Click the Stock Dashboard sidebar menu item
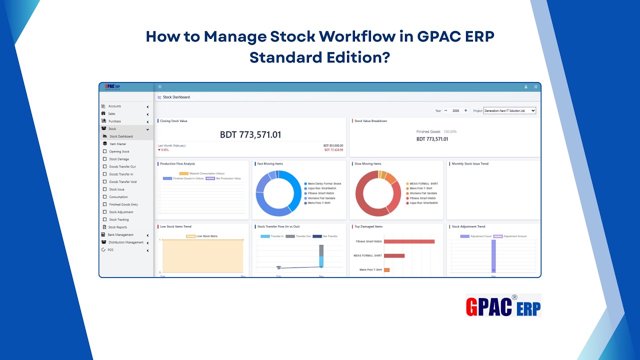pos(121,136)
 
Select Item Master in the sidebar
pos(118,144)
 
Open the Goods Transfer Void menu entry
pos(122,182)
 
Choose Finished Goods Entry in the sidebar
pos(123,204)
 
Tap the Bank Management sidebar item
pos(120,235)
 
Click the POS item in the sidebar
pos(110,250)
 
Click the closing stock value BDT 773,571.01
pos(250,135)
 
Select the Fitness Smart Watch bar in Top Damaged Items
pos(409,241)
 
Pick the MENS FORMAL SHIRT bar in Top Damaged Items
pos(394,255)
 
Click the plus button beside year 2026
pos(466,110)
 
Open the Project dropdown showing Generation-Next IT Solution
pos(509,110)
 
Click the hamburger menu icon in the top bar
pos(159,87)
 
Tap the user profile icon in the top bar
pos(526,87)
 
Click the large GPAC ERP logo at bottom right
pos(503,305)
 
